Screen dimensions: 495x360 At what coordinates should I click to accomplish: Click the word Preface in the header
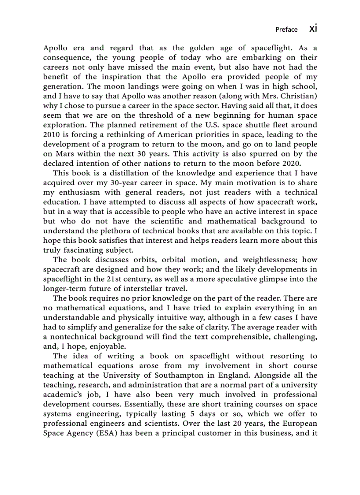coord(286,30)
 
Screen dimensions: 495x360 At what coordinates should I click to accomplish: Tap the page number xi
coord(313,29)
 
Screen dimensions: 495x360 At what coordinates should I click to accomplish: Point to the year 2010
coord(52,135)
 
